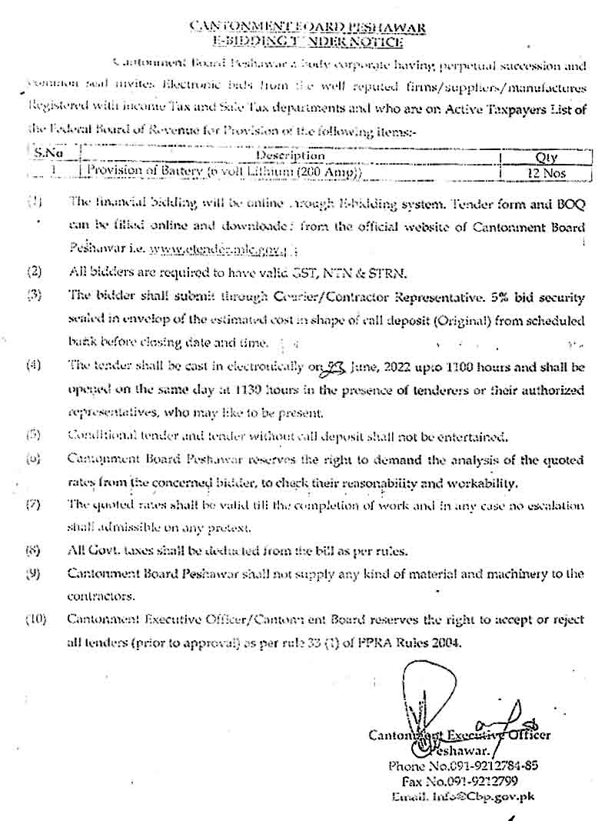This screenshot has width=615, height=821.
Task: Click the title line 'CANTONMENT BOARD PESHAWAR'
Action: [307, 28]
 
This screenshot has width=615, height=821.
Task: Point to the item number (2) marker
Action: [34, 272]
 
